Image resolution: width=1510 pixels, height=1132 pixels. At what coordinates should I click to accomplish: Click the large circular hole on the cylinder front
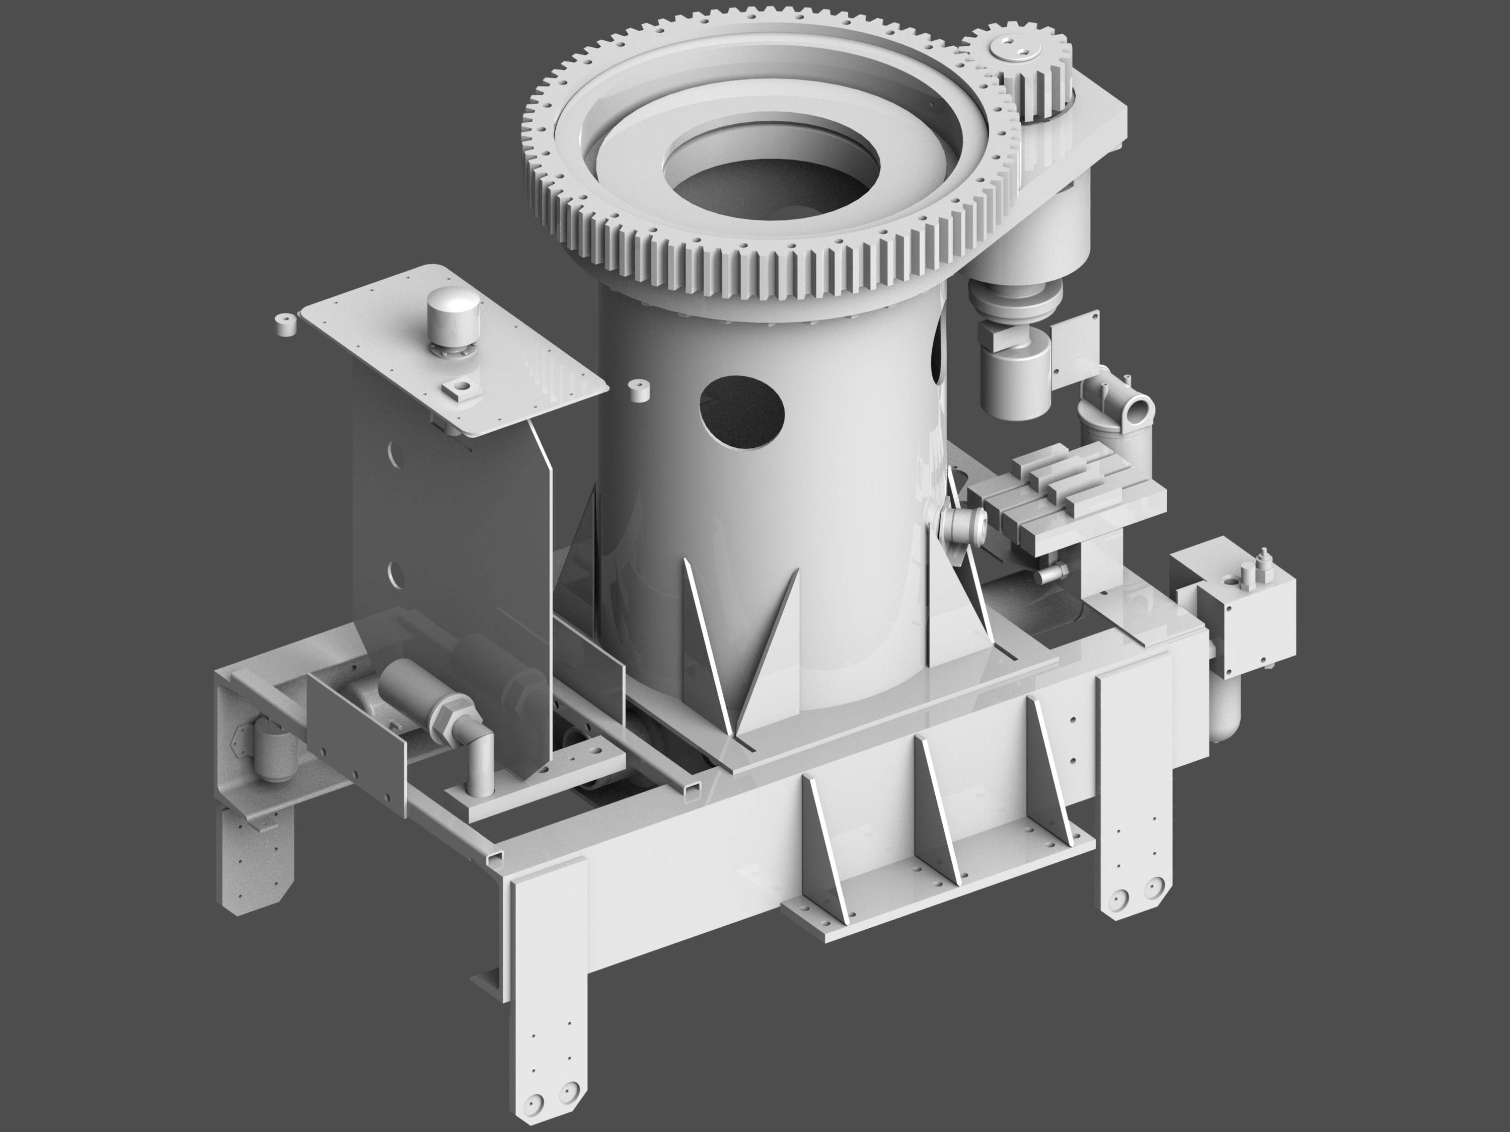(741, 413)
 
